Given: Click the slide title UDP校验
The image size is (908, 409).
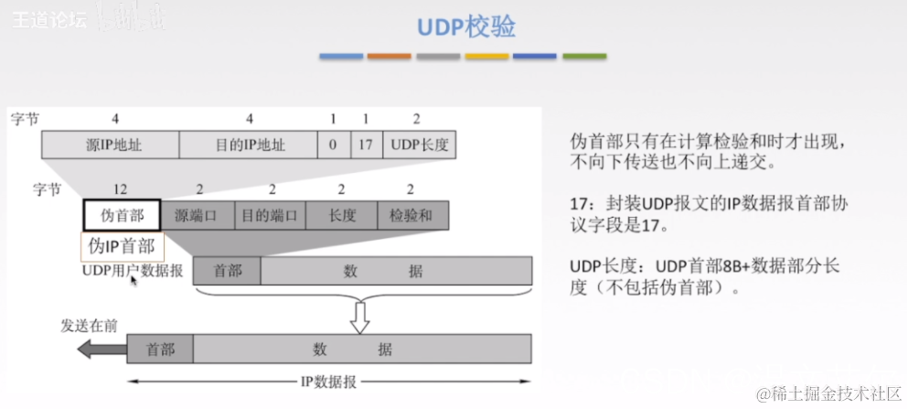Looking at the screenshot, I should [x=466, y=27].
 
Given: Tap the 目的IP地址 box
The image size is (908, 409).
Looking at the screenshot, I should [x=249, y=145].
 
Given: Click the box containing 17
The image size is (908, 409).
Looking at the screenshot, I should [x=365, y=145].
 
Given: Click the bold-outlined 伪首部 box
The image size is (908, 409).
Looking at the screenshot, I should [x=122, y=216].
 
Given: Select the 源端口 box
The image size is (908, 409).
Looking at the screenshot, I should [x=197, y=216].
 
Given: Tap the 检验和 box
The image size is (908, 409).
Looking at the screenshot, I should [x=411, y=216].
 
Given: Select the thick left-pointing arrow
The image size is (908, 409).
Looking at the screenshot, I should [x=101, y=349].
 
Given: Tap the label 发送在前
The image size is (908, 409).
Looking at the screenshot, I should [x=89, y=325].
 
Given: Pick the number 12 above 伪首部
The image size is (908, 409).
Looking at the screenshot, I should [x=120, y=188].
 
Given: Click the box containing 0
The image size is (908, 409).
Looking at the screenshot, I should [x=333, y=145].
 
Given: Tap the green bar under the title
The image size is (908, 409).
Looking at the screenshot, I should [x=583, y=57].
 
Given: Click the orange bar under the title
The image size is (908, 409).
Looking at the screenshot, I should [x=390, y=57].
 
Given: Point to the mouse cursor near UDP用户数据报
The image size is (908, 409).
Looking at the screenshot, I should [x=134, y=281].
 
